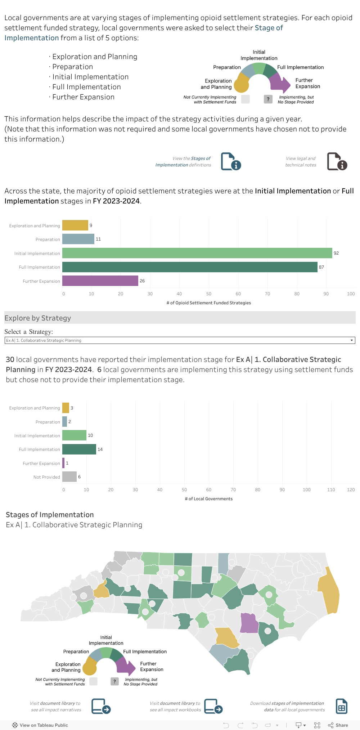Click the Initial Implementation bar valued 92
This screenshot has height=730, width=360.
pyautogui.click(x=197, y=253)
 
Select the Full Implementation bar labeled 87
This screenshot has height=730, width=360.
pyautogui.click(x=190, y=267)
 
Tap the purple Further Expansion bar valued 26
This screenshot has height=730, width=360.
pyautogui.click(x=100, y=281)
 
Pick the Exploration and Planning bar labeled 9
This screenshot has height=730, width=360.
pyautogui.click(x=75, y=225)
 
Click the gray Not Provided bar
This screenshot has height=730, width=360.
pyautogui.click(x=69, y=477)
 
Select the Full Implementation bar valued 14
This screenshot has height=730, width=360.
pyautogui.click(x=79, y=449)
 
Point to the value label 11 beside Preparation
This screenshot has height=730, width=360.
pyautogui.click(x=98, y=239)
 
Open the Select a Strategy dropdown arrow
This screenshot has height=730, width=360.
pyautogui.click(x=352, y=340)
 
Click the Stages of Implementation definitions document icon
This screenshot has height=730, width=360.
pyautogui.click(x=231, y=161)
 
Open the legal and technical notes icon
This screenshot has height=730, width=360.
pyautogui.click(x=337, y=161)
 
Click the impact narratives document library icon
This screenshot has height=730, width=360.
pyautogui.click(x=101, y=706)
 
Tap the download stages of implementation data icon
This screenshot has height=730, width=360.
pyautogui.click(x=341, y=706)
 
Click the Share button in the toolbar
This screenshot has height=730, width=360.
pyautogui.click(x=338, y=725)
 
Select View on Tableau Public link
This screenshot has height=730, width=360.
pyautogui.click(x=40, y=725)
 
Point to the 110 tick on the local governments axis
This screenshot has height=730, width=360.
pyautogui.click(x=331, y=490)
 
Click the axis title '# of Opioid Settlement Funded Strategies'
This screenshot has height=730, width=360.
pyautogui.click(x=209, y=303)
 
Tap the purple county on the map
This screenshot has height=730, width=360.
pyautogui.click(x=249, y=623)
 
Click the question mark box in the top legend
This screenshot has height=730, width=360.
pyautogui.click(x=268, y=99)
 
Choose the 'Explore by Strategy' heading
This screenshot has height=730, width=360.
pyautogui.click(x=38, y=318)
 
